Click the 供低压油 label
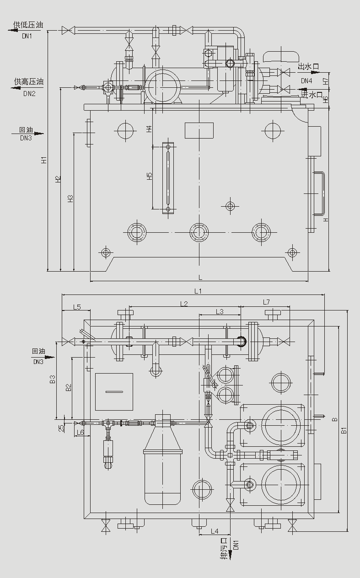coord(28,25)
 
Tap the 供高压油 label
coord(28,82)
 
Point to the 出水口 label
coord(308,67)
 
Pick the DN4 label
coord(306,81)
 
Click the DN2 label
coord(29,94)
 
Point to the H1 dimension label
coord(44,160)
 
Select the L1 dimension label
coord(198,290)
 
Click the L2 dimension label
coord(184,303)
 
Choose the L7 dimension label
coord(266,302)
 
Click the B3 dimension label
coord(53,379)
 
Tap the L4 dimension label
coord(215,531)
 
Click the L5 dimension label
coord(76,306)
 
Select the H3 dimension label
coord(70,198)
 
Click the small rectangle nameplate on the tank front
coord(199,130)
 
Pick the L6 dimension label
coord(81,432)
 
